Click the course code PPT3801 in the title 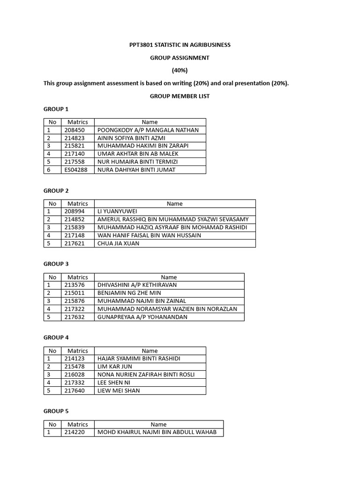pos(142,45)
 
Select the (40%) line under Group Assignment pos(180,70)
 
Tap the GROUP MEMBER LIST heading pos(180,96)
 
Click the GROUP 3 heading pos(56,264)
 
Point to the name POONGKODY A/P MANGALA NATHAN pos(148,130)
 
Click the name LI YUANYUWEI pos(117,211)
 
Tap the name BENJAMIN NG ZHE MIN pos(129,293)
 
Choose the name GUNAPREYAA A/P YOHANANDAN pos(142,317)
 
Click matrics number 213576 pos(75,285)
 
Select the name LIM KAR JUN pos(114,367)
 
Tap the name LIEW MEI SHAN pos(118,390)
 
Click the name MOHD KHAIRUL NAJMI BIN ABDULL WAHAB pos(157,432)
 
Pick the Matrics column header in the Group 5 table pos(77,424)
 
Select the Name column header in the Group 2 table pos(174,203)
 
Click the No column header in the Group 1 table pos(52,122)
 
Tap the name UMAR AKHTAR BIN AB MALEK pos(137,154)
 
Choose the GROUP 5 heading pos(56,411)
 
